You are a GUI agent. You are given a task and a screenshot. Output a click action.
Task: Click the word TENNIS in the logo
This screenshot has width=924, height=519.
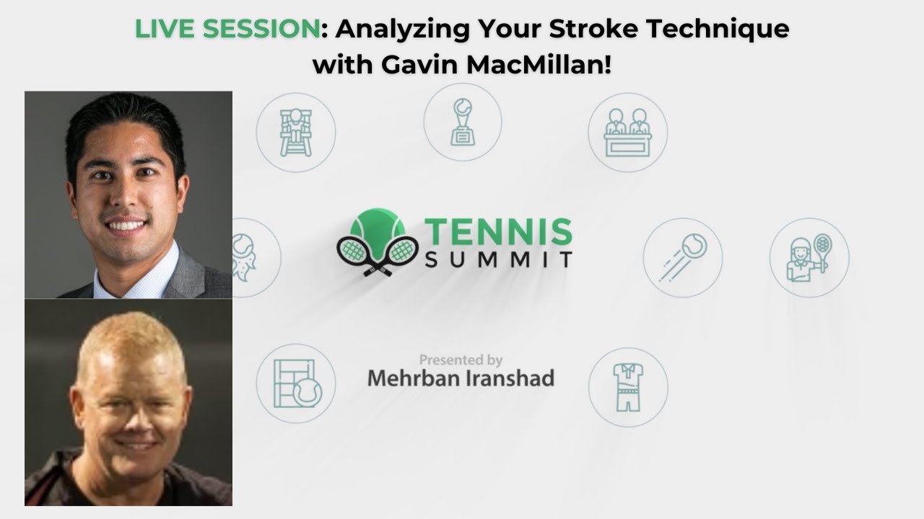tap(498, 232)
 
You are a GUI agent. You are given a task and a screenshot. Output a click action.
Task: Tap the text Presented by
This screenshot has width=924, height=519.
tap(461, 359)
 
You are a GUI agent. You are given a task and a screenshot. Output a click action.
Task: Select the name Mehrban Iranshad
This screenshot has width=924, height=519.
tap(461, 378)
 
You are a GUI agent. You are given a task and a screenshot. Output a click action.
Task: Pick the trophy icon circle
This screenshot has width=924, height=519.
tap(462, 121)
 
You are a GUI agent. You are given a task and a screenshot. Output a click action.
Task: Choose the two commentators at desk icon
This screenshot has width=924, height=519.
tap(627, 132)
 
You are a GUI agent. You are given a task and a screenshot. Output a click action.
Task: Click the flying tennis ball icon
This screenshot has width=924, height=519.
tap(682, 257)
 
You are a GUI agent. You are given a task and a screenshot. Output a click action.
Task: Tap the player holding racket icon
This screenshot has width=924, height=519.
tap(808, 257)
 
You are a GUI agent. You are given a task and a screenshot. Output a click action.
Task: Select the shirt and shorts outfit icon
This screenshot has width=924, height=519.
tap(627, 387)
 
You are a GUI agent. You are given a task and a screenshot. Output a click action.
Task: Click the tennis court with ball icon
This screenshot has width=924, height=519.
tap(296, 383)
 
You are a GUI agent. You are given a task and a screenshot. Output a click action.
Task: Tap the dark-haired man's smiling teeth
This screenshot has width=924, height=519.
tap(128, 226)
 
